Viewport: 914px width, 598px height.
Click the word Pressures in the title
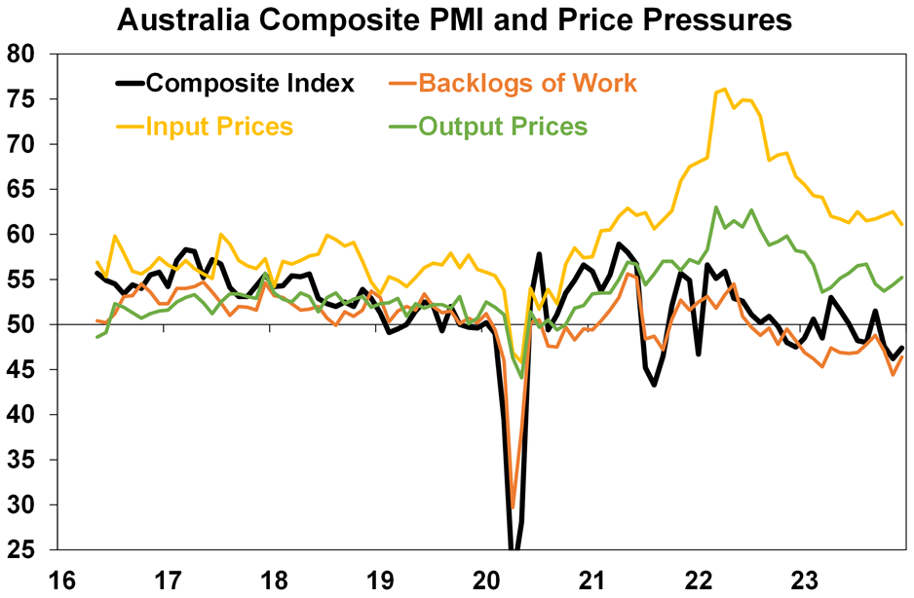click(x=705, y=19)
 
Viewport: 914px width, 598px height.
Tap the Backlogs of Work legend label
click(x=527, y=84)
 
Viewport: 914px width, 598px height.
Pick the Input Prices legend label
click(x=219, y=128)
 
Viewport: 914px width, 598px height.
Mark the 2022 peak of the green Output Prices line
click(x=716, y=207)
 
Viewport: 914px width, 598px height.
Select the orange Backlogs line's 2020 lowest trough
click(x=513, y=506)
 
